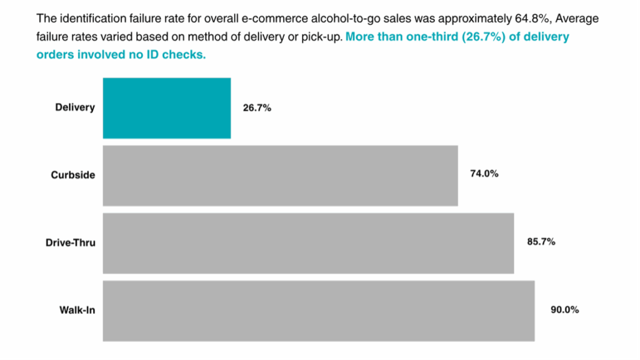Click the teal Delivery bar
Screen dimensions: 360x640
point(167,108)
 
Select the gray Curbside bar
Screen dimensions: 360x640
point(280,175)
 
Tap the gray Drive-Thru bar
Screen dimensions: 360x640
point(308,243)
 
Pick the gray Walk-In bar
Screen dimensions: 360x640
point(319,311)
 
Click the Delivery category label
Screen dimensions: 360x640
point(75,108)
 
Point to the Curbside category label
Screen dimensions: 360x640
point(73,175)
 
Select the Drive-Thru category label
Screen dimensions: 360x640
point(71,242)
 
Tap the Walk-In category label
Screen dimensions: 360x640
point(77,310)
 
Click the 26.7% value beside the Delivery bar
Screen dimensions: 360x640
point(257,108)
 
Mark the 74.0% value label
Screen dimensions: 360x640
point(484,174)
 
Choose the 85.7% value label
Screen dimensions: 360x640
point(541,242)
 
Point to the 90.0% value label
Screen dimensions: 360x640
point(565,310)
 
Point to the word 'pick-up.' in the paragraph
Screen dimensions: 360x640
point(322,37)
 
